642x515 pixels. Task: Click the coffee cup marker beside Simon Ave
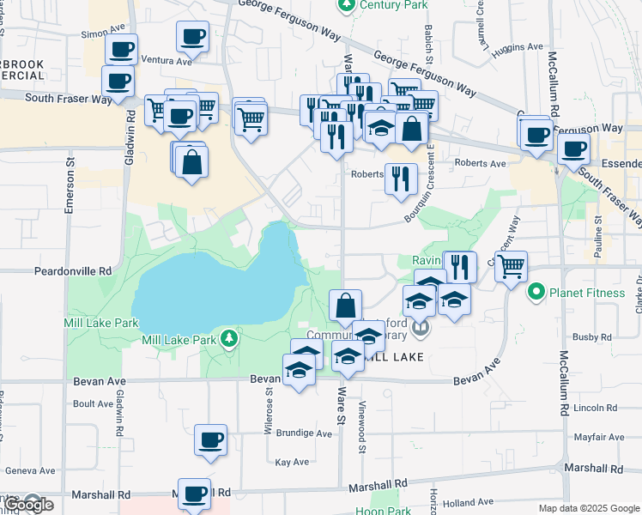pos(122,49)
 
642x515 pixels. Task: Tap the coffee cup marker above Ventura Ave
pos(193,37)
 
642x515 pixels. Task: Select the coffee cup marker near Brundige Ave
pos(210,440)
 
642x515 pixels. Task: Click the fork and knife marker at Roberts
pos(401,179)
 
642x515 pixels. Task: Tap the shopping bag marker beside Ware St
pos(345,306)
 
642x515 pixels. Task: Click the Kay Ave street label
pos(291,462)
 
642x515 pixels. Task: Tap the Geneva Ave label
pos(30,470)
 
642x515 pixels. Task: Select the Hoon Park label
pos(383,511)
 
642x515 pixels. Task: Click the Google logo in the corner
pos(27,505)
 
